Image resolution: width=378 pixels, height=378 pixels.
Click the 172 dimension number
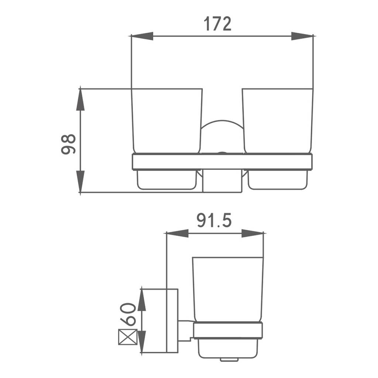point(217,24)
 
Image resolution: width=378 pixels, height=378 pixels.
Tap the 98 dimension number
point(68,144)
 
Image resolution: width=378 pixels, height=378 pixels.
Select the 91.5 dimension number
point(214,221)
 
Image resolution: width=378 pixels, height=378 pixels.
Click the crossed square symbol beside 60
point(128,337)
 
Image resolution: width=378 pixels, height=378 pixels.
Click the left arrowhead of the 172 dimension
point(142,36)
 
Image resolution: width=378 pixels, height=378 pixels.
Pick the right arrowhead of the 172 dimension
point(302,36)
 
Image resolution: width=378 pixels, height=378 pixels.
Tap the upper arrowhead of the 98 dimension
point(80,100)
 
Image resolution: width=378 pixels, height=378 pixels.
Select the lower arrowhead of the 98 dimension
point(80,181)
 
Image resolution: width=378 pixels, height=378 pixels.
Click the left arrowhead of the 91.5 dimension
point(178,233)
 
